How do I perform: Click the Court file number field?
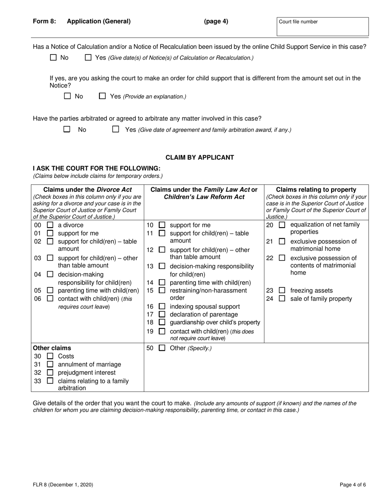click(322, 27)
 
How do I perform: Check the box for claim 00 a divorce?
click(50, 225)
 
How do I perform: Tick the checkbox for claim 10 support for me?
click(162, 225)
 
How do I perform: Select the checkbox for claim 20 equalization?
click(282, 225)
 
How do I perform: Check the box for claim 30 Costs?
click(50, 356)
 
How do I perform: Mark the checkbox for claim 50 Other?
click(162, 348)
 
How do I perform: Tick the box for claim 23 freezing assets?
click(282, 290)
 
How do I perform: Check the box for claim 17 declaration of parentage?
click(162, 314)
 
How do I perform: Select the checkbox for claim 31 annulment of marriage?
click(50, 364)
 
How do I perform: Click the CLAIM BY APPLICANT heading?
click(200, 157)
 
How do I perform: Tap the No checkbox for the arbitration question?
click(67, 129)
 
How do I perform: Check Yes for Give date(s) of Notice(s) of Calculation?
click(88, 58)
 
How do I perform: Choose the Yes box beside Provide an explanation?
click(103, 96)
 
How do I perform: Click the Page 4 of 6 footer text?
click(353, 485)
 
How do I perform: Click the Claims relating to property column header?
click(316, 190)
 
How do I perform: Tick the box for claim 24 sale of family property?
click(282, 298)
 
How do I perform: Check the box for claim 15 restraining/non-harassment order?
click(162, 290)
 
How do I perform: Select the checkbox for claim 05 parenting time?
click(50, 290)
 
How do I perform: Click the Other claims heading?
click(52, 348)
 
